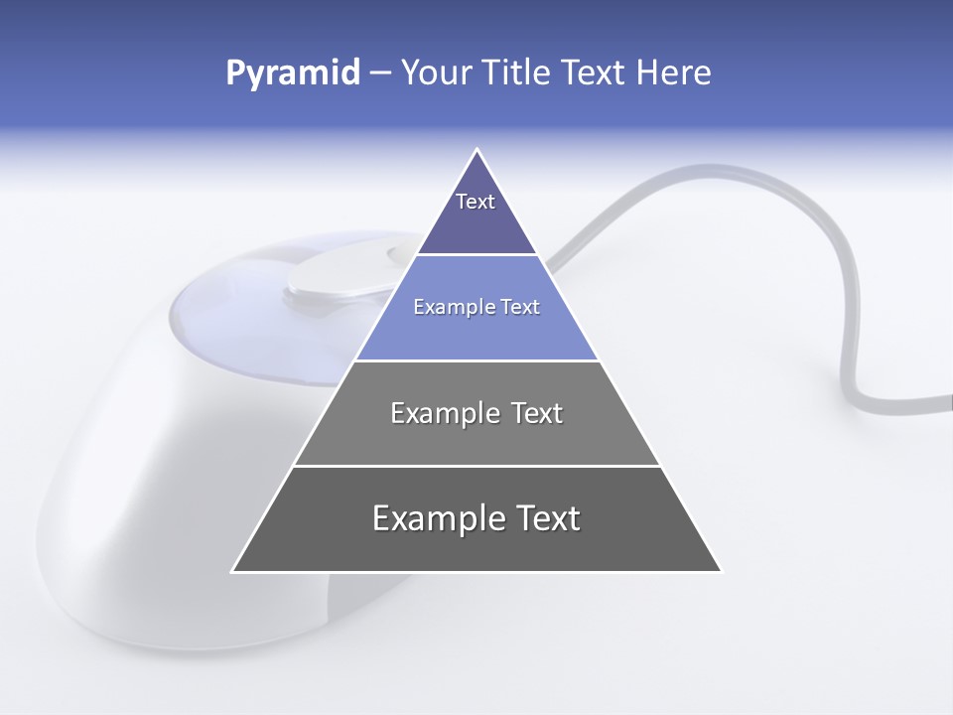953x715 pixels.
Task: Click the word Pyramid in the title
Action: pos(292,73)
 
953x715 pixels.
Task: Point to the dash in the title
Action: pos(379,73)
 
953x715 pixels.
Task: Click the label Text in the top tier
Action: pos(476,202)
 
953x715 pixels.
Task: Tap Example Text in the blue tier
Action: pos(476,307)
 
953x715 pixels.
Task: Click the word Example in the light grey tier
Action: pos(441,413)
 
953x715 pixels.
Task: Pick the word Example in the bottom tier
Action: pos(432,518)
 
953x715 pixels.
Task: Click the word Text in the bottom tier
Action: pos(546,518)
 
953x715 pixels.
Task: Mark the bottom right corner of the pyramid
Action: pos(721,571)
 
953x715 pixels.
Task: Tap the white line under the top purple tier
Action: pos(476,255)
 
